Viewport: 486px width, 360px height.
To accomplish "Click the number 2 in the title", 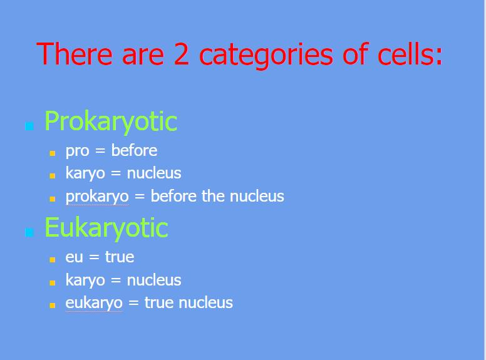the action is click(x=182, y=54).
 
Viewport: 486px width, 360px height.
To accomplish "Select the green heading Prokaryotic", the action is click(x=111, y=121).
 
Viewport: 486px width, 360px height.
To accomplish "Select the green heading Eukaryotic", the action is click(x=106, y=228).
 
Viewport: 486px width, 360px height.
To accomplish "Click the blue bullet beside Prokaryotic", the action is click(x=29, y=126).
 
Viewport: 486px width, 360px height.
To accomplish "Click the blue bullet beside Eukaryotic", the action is click(x=29, y=232).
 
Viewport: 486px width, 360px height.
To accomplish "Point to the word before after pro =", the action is click(x=134, y=150).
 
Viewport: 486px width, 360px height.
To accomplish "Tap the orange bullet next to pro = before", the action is click(x=53, y=153).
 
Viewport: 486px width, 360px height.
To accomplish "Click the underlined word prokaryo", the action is click(x=97, y=197).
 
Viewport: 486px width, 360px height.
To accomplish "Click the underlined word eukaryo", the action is click(x=94, y=303).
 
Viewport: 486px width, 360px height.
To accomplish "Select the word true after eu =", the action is click(x=120, y=257).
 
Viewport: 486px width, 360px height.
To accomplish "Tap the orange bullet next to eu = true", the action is click(x=53, y=260).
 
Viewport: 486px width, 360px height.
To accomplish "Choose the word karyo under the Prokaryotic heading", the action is click(x=85, y=173).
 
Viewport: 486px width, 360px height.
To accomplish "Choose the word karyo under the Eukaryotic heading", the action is click(x=85, y=280).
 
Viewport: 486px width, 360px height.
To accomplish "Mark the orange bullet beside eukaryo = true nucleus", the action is click(x=53, y=306).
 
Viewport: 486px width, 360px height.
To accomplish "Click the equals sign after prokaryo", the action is click(x=140, y=197).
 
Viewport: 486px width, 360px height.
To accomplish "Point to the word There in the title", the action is click(x=75, y=54).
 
